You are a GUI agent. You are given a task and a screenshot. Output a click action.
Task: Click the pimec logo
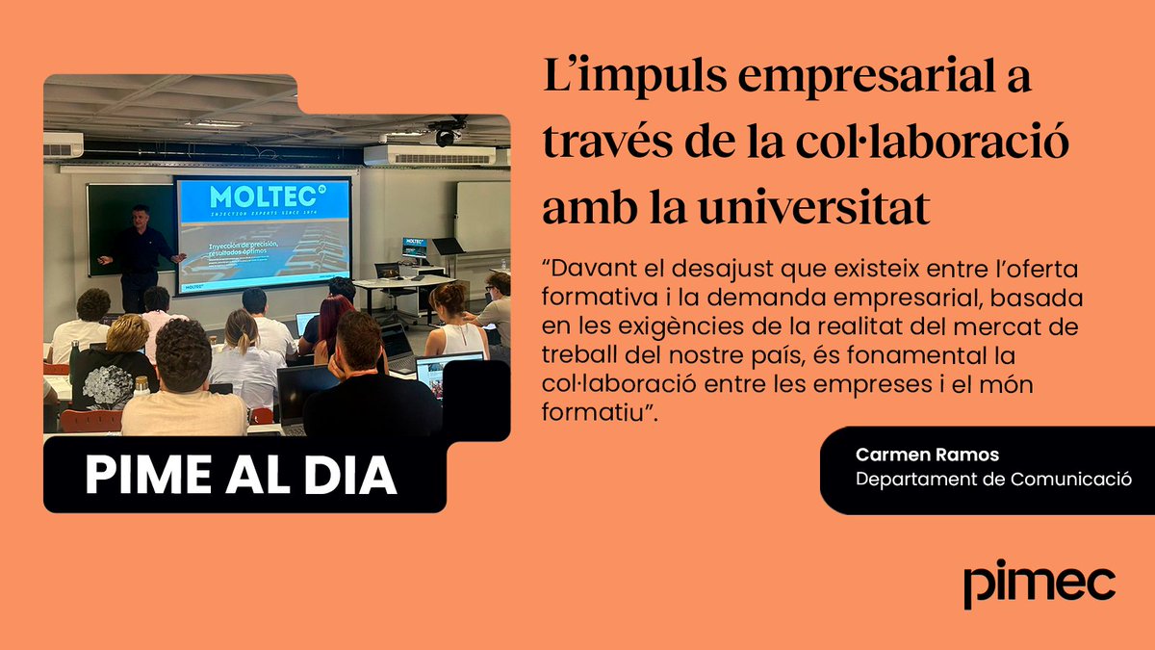coord(1039,583)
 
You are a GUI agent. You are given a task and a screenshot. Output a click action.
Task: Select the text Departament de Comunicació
coord(993,479)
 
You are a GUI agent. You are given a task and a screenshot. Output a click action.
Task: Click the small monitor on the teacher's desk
coord(415,247)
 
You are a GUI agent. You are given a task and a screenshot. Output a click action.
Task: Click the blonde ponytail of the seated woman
coord(244,332)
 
